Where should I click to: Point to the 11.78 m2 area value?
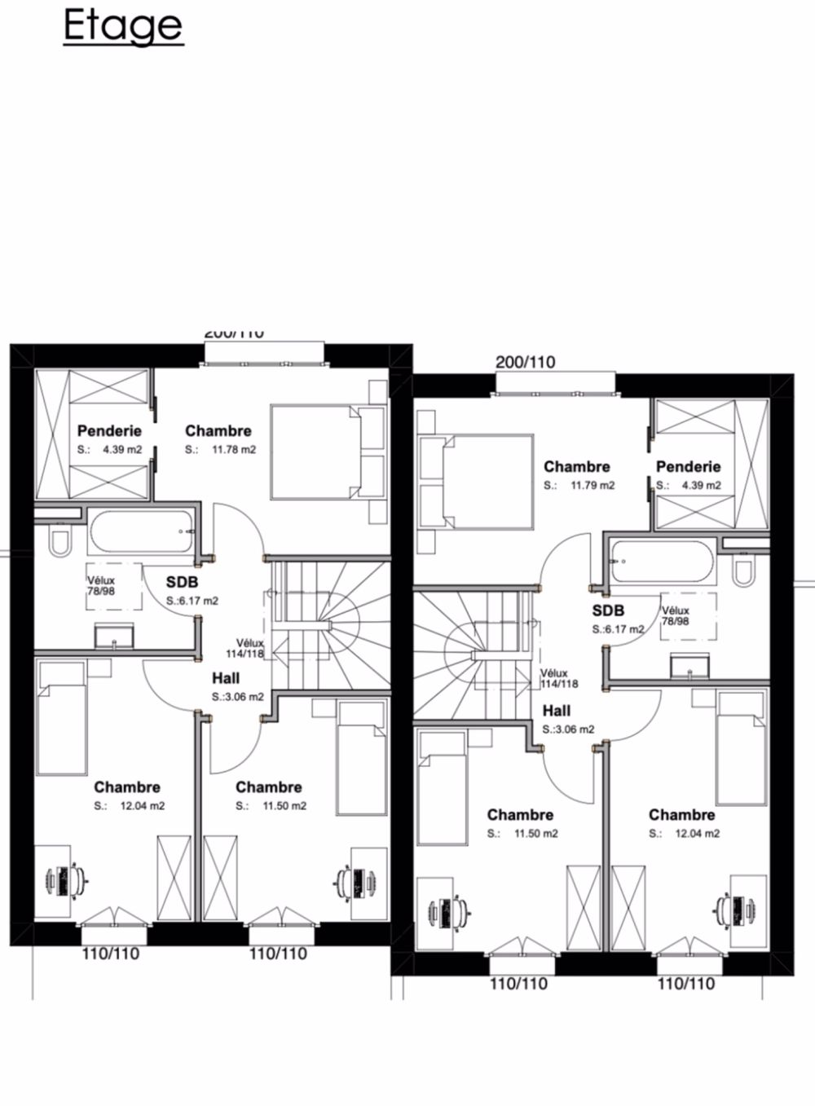[x=234, y=450]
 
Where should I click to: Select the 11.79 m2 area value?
[x=593, y=486]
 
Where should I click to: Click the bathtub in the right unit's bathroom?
[x=659, y=562]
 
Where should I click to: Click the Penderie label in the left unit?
[x=109, y=431]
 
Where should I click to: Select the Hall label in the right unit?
[x=557, y=711]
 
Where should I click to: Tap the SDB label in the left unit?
[x=182, y=583]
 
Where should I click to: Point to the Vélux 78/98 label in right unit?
[x=676, y=615]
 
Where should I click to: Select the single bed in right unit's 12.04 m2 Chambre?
[x=741, y=746]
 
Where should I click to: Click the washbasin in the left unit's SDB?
[x=113, y=635]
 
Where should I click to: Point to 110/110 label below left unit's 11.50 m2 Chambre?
[x=278, y=953]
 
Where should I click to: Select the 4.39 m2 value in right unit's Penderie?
[x=702, y=486]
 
